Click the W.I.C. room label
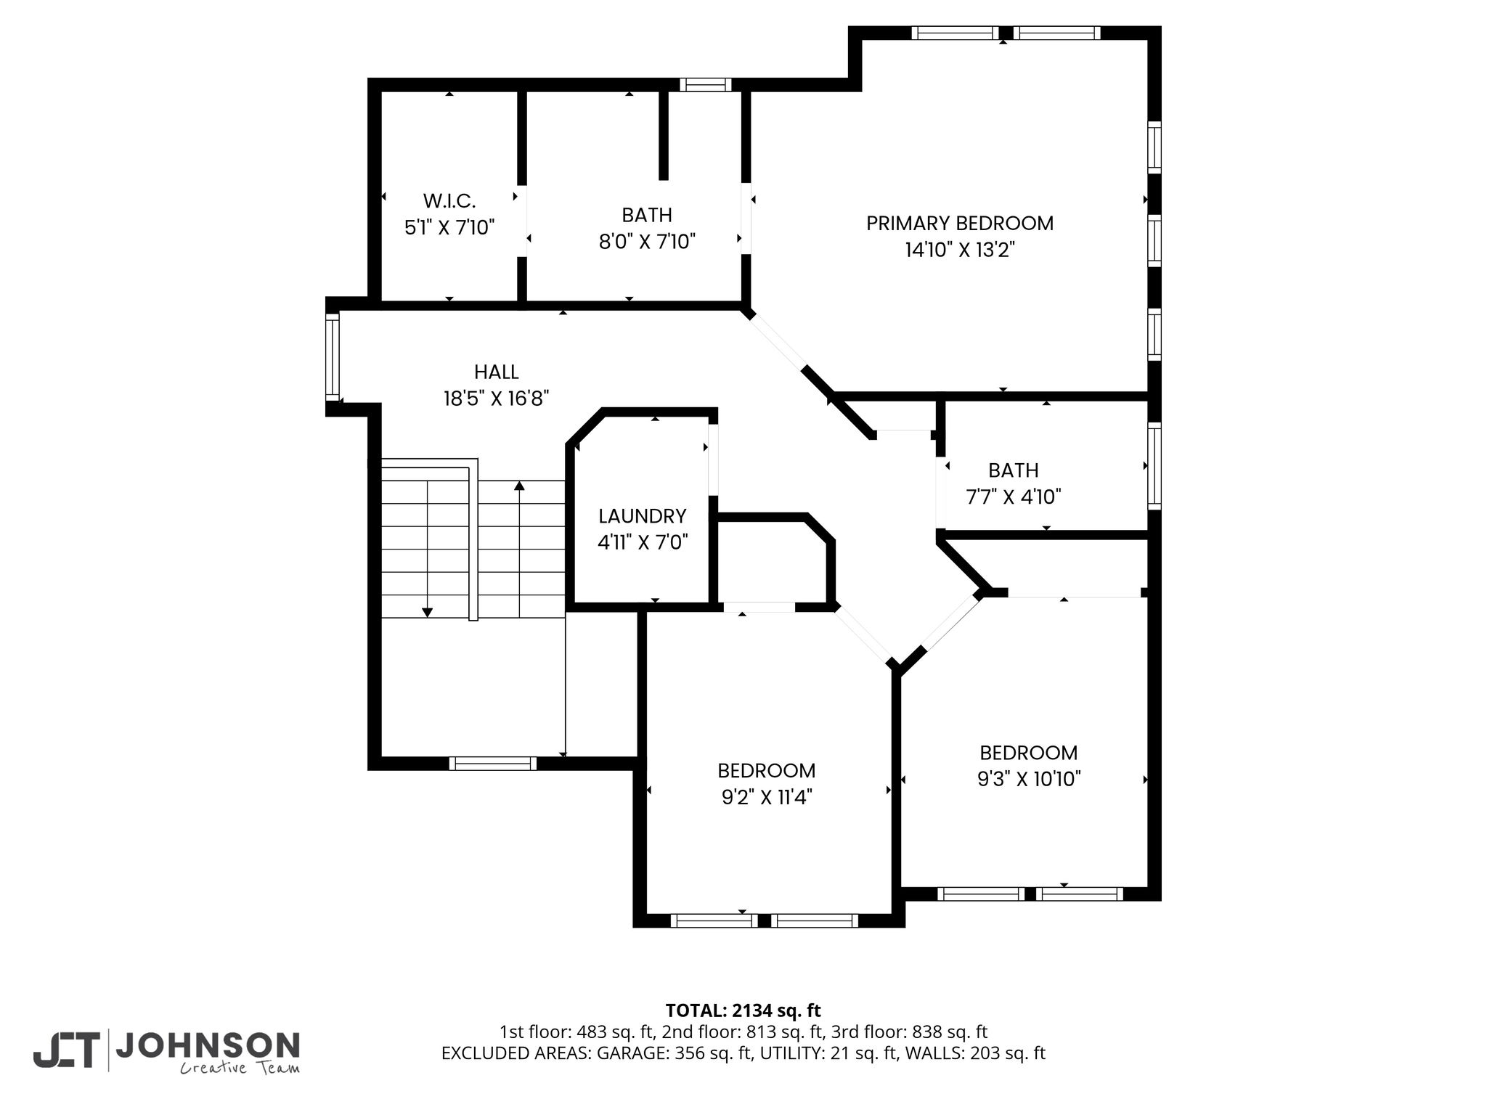point(449,200)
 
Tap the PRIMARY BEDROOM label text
point(960,223)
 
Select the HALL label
point(497,372)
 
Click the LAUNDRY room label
point(643,516)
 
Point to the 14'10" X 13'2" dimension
point(960,250)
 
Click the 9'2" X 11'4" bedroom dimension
point(767,797)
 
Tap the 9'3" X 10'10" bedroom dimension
point(1029,779)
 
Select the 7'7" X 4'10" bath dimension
point(1014,497)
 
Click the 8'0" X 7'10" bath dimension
point(647,241)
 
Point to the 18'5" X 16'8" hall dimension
point(497,399)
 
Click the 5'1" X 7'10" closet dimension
point(449,227)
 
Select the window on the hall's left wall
point(333,356)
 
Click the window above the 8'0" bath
point(706,85)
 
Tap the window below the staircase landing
point(493,763)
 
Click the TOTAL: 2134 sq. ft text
point(743,1010)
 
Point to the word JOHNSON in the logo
point(208,1045)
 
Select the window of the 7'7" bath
point(1154,466)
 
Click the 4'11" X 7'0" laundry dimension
point(643,542)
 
